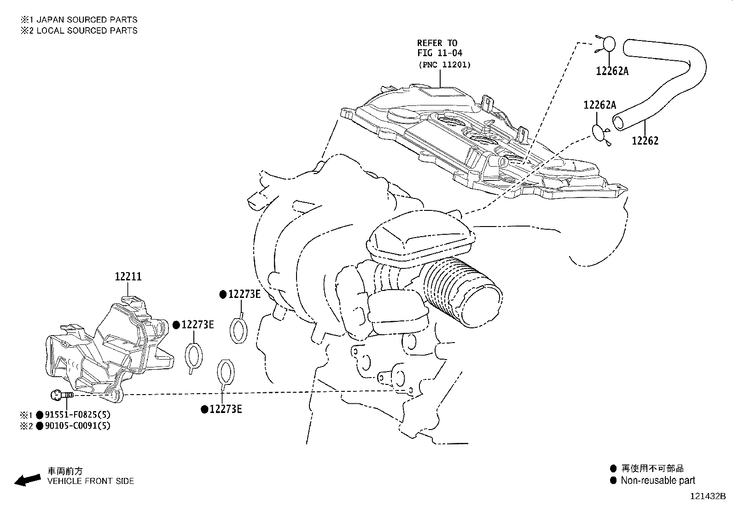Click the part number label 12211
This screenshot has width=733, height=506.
(x=128, y=277)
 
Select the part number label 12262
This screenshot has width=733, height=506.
(x=645, y=141)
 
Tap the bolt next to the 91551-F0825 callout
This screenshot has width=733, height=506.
(x=62, y=395)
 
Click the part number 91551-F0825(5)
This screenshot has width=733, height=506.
(x=77, y=415)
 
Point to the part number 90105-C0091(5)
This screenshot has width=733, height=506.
(x=77, y=426)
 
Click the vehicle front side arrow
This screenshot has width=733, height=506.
(x=28, y=480)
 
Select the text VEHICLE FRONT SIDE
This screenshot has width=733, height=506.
(x=91, y=481)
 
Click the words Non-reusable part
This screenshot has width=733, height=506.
(x=658, y=481)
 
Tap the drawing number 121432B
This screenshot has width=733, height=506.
(x=708, y=496)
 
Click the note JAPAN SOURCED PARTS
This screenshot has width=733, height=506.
(x=87, y=20)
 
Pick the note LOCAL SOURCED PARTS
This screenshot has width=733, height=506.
(x=87, y=30)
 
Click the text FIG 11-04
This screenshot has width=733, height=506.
(x=439, y=53)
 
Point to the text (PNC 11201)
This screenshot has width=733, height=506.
(x=445, y=65)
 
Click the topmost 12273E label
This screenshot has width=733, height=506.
(x=244, y=294)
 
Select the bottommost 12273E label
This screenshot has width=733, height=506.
(x=226, y=409)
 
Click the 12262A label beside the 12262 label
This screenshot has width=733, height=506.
(x=600, y=105)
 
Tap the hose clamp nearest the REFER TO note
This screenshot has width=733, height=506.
(x=605, y=45)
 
